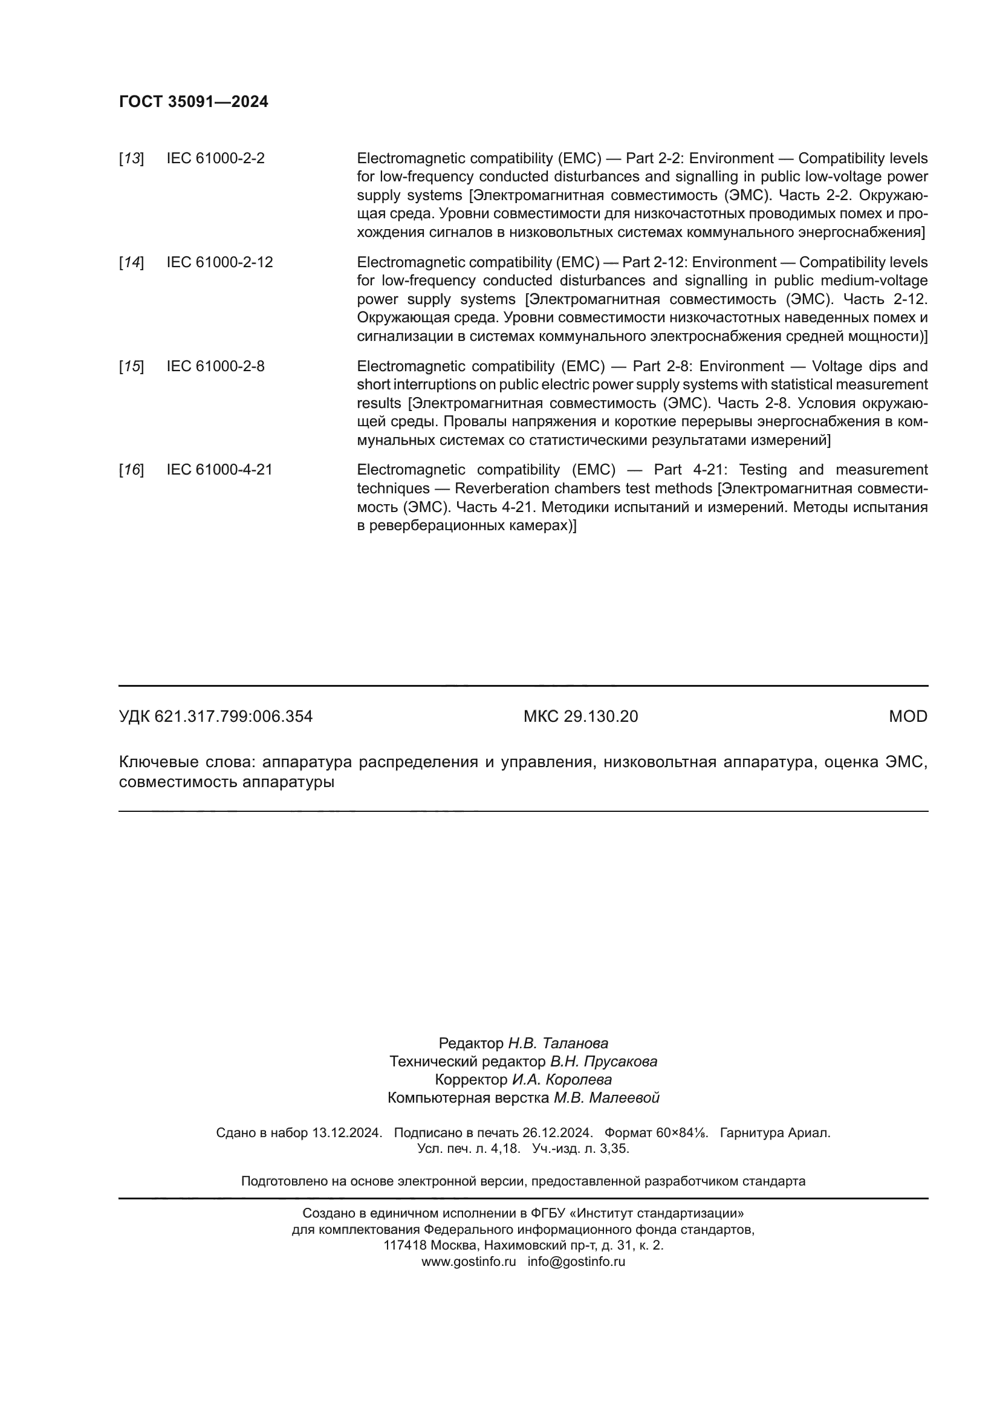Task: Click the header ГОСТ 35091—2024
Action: (x=193, y=102)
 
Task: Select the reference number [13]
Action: (x=131, y=158)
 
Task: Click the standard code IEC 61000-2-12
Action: (x=219, y=262)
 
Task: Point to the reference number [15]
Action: (x=131, y=366)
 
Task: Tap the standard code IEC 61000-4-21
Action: (x=219, y=470)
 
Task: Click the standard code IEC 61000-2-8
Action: (x=215, y=366)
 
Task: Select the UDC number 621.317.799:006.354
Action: (x=233, y=716)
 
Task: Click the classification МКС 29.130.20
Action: (x=580, y=716)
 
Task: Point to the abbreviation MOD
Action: (x=907, y=716)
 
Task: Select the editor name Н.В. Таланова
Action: (x=558, y=1043)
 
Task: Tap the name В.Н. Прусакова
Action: (x=603, y=1062)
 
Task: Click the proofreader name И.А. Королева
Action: (x=562, y=1080)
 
